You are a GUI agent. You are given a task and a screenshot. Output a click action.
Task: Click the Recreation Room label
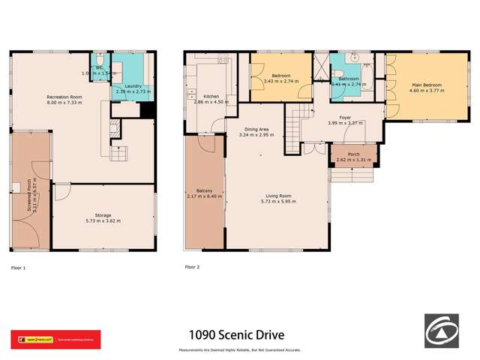pyautogui.click(x=64, y=97)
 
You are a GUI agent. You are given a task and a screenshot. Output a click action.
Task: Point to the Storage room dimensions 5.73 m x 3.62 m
pyautogui.click(x=103, y=221)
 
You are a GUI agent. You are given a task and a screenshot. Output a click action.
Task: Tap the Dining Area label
pyautogui.click(x=256, y=129)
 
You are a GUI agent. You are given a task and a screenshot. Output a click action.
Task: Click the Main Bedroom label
pyautogui.click(x=426, y=84)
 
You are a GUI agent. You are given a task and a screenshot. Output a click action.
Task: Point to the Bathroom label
pyautogui.click(x=349, y=79)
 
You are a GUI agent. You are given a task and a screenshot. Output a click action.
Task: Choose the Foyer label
pyautogui.click(x=345, y=118)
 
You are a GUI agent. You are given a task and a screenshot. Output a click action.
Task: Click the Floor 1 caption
pyautogui.click(x=19, y=266)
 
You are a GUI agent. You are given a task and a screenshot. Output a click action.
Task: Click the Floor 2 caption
pyautogui.click(x=193, y=266)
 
